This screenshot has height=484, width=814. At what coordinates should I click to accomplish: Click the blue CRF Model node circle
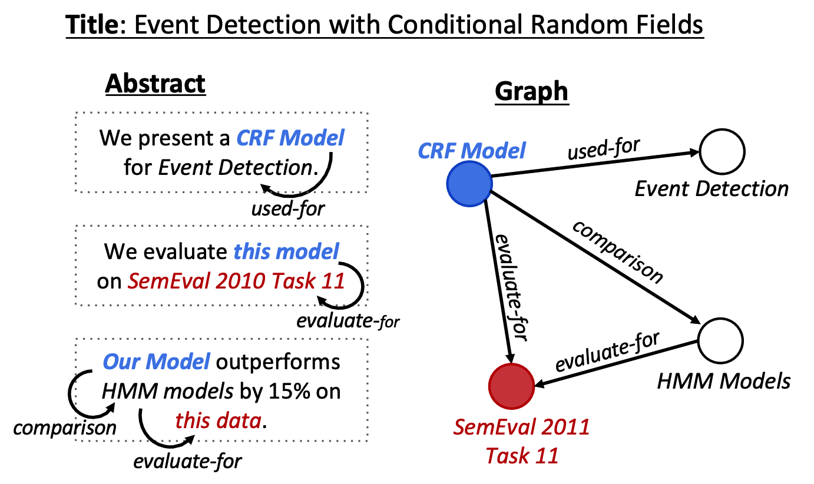(469, 184)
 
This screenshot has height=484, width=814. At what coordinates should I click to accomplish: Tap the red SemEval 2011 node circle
(511, 386)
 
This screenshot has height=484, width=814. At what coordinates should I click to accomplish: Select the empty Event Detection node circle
(722, 151)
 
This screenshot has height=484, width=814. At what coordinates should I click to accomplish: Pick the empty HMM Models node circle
(720, 341)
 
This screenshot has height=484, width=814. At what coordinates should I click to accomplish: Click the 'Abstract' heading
(155, 84)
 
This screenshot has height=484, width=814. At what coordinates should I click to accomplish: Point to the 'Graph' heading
(532, 92)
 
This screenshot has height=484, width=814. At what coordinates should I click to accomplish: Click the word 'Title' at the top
(92, 25)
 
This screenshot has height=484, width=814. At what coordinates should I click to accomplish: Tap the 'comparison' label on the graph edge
(617, 252)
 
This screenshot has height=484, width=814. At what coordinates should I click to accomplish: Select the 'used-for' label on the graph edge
(604, 149)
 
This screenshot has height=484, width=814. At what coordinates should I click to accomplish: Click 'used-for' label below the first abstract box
(288, 209)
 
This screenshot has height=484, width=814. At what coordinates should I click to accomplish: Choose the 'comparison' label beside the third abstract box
(65, 427)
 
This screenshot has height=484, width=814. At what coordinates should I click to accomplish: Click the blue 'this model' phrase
(286, 251)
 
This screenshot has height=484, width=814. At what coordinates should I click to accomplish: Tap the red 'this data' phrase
(219, 421)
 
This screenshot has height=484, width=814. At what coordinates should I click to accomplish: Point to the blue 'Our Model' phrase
(156, 362)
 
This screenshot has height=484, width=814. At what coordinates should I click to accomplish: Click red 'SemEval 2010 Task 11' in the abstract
(236, 281)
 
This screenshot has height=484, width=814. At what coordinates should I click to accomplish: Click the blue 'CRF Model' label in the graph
(471, 150)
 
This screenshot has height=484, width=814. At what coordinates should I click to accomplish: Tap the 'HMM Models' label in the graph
(723, 382)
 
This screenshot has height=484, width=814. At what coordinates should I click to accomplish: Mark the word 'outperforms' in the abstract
(278, 363)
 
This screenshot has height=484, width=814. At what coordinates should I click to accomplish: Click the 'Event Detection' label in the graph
(712, 189)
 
